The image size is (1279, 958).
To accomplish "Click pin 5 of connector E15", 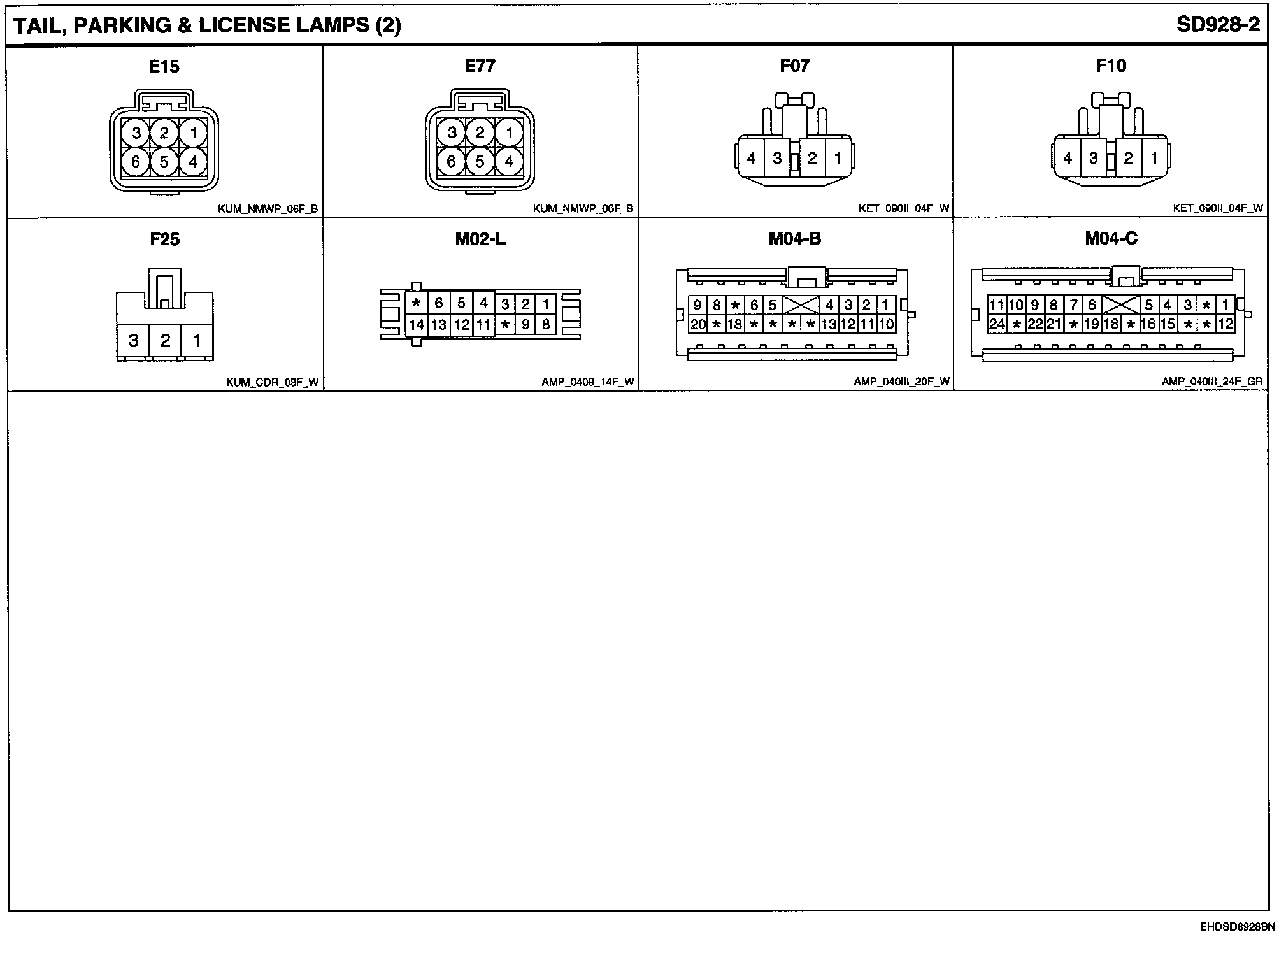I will click(164, 162).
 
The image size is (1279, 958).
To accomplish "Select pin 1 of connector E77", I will click(508, 133).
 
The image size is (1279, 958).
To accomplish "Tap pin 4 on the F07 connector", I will click(752, 158).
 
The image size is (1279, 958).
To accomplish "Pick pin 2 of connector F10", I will click(1128, 158).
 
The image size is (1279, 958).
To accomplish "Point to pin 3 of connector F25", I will click(133, 341).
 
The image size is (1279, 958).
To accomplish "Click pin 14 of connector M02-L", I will click(417, 325).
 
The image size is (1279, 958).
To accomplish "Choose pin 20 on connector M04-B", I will click(698, 324).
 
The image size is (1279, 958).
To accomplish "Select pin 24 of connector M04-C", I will click(997, 324).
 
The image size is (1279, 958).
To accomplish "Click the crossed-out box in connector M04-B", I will click(800, 305).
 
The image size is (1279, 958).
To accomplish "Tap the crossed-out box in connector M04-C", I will click(1120, 305).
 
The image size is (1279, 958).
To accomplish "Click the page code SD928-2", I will click(1218, 25).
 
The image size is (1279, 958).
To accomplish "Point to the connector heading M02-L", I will click(480, 239).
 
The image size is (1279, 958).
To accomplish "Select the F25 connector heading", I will click(164, 240).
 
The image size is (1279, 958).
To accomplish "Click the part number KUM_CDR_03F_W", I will click(272, 382).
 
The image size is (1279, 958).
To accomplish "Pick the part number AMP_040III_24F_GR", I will click(1212, 382).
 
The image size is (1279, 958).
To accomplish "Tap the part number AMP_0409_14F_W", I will click(588, 382).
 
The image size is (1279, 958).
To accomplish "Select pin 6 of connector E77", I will click(452, 162).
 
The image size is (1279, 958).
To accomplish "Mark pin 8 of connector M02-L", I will click(546, 325).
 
